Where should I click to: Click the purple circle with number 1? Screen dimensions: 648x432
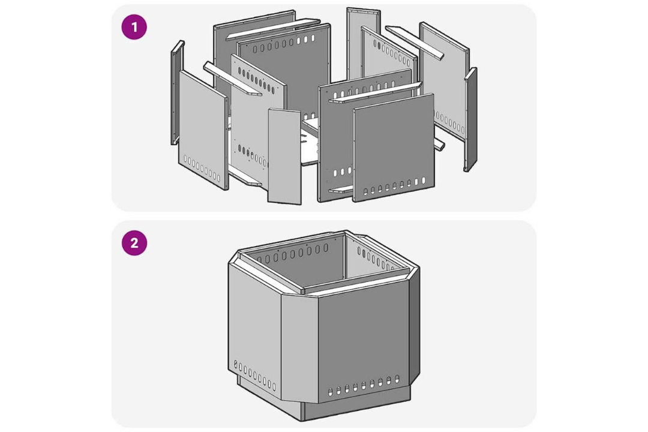[x=134, y=27]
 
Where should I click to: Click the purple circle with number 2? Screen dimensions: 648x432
[x=134, y=243]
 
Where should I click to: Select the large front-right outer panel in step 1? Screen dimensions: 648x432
[x=394, y=148]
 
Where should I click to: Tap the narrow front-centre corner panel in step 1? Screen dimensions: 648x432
[x=284, y=156]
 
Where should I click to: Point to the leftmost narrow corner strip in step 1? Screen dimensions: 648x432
[x=177, y=92]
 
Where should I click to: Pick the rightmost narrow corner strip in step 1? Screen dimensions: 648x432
[x=471, y=119]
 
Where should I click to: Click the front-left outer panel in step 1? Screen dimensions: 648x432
[x=203, y=130]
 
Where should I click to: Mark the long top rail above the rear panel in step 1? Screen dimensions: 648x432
[x=273, y=29]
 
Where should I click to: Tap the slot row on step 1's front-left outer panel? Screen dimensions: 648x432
[x=202, y=169]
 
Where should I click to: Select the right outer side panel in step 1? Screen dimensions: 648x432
[x=444, y=78]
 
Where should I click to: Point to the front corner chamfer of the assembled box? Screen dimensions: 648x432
[x=299, y=348]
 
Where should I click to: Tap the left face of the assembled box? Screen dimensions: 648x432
[x=254, y=322]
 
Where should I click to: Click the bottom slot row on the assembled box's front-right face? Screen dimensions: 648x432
[x=364, y=386]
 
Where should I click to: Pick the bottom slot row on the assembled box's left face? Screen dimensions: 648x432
[x=254, y=376]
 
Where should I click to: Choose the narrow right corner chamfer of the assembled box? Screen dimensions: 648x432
[x=415, y=326]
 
